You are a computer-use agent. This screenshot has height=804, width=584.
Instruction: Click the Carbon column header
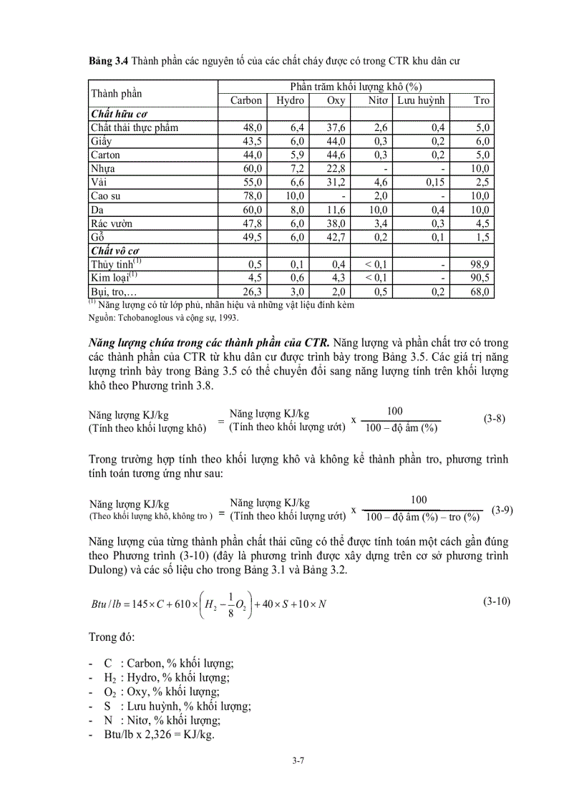click(246, 100)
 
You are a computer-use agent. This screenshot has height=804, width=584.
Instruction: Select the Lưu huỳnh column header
click(422, 100)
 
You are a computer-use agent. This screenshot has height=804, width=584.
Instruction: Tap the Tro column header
click(481, 100)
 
